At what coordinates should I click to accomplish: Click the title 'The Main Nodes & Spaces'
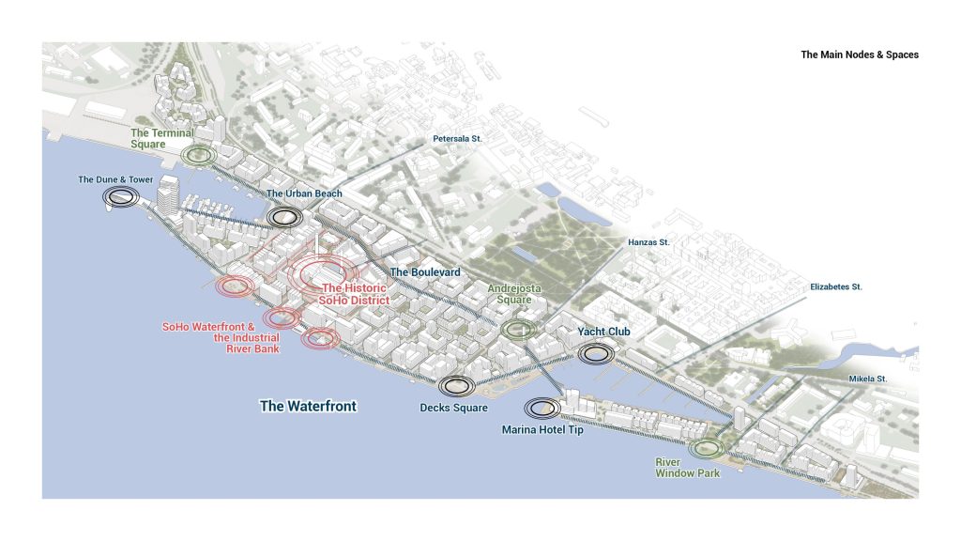pyautogui.click(x=859, y=54)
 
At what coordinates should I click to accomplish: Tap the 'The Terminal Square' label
pyautogui.click(x=161, y=139)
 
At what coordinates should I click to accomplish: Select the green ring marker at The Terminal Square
pyautogui.click(x=199, y=155)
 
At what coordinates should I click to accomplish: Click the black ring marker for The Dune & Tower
pyautogui.click(x=120, y=196)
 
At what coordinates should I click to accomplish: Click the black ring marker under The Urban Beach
pyautogui.click(x=284, y=217)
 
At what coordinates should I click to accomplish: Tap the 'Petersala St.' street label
pyautogui.click(x=457, y=139)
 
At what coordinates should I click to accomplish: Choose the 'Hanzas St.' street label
pyautogui.click(x=648, y=242)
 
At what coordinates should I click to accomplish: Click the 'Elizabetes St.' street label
pyautogui.click(x=836, y=286)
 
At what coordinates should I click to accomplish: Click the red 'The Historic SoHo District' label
pyautogui.click(x=355, y=294)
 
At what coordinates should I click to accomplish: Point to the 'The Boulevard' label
pyautogui.click(x=425, y=272)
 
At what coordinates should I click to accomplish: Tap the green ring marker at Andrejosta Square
pyautogui.click(x=517, y=329)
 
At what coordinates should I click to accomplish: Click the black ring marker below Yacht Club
pyautogui.click(x=596, y=353)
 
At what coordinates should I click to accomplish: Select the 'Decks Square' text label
pyautogui.click(x=454, y=408)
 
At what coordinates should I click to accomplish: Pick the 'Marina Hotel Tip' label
pyautogui.click(x=542, y=431)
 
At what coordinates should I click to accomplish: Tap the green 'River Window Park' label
pyautogui.click(x=688, y=468)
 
